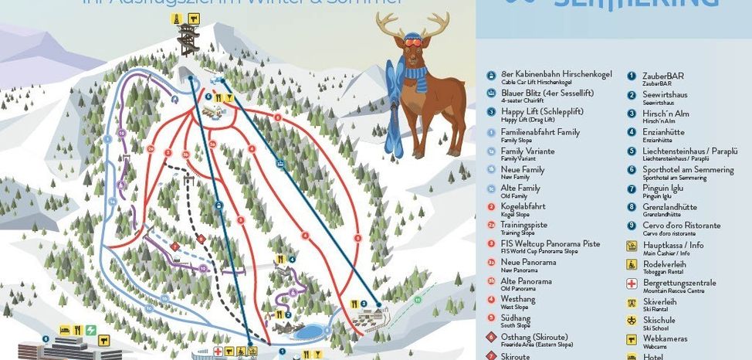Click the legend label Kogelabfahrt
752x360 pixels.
(522, 206)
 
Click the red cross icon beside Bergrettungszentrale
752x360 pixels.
(631, 283)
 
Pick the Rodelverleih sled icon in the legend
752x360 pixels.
(631, 264)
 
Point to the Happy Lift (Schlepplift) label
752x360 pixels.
(541, 111)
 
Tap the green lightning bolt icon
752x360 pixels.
(92, 330)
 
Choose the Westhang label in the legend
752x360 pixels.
(517, 300)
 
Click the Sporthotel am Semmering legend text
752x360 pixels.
(688, 169)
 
